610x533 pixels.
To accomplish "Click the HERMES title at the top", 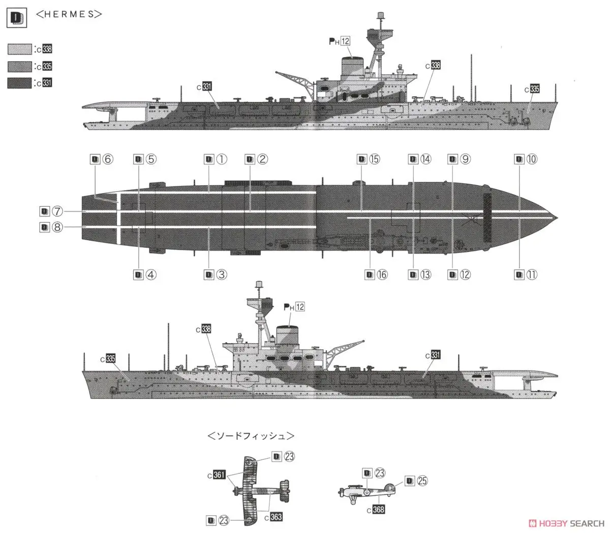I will click(x=69, y=14).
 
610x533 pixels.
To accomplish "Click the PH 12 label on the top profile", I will click(x=340, y=41).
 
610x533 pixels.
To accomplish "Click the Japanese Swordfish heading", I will click(x=251, y=436).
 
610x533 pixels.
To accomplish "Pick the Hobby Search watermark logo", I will click(x=566, y=523).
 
